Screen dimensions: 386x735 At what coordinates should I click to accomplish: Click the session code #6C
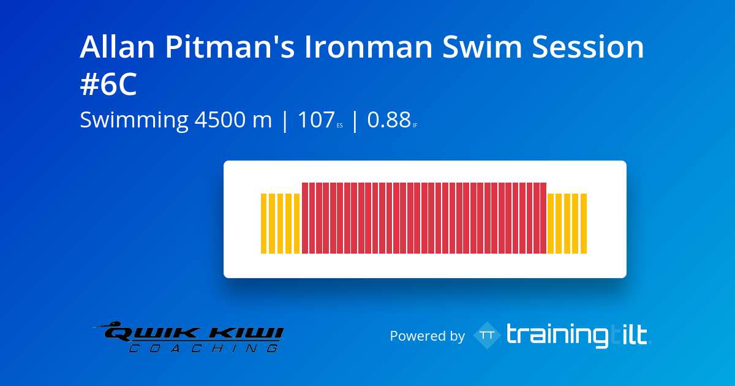pos(108,86)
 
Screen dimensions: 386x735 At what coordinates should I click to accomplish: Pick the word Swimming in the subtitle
pos(134,120)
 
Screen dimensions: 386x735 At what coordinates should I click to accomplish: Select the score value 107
pos(316,120)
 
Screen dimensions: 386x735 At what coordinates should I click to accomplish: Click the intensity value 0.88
pos(388,120)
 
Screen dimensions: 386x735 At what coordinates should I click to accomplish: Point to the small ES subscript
pos(340,126)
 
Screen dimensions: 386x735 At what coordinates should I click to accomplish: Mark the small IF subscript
pos(415,126)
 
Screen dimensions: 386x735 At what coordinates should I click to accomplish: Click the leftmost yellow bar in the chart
pos(264,224)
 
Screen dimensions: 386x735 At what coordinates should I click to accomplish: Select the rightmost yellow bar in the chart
pos(584,224)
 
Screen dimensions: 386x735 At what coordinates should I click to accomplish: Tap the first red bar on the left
pos(304,218)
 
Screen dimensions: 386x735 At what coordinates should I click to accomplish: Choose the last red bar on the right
pos(543,218)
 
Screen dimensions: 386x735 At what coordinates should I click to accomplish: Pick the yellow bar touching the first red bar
pos(297,224)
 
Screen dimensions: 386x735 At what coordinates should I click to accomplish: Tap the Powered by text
pos(427,336)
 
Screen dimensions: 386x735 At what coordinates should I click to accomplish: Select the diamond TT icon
pos(488,335)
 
